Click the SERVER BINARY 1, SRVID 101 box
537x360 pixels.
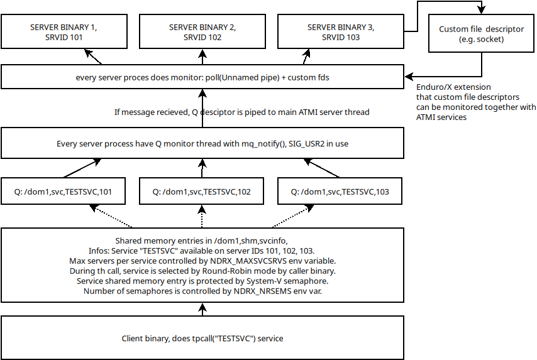(x=64, y=33)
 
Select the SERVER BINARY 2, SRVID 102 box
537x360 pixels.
(x=202, y=33)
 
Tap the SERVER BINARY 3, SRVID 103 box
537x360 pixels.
(x=340, y=33)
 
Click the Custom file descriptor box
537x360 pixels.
(x=482, y=34)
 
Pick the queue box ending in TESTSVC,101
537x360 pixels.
(x=64, y=192)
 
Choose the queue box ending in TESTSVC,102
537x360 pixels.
(x=202, y=192)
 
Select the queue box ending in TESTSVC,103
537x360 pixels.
(x=340, y=192)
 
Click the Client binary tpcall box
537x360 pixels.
(x=202, y=339)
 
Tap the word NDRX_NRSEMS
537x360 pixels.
(x=250, y=292)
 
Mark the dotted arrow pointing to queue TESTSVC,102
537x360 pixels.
(x=202, y=217)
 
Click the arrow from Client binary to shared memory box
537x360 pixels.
(x=202, y=309)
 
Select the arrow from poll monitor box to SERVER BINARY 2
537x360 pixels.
(x=202, y=58)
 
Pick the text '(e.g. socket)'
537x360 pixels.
(x=482, y=40)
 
